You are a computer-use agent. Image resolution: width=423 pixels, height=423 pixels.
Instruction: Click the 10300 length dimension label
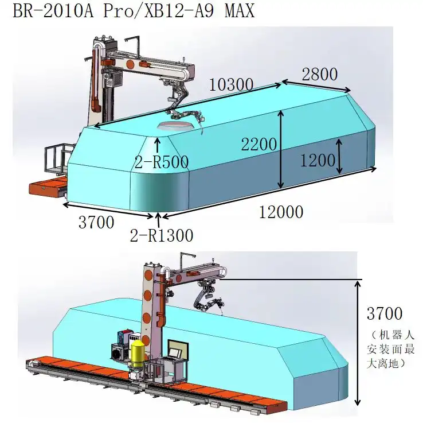coord(231,84)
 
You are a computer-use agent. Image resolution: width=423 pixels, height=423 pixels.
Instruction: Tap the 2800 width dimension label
coord(320,74)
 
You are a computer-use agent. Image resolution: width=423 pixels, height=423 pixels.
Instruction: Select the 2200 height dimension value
coord(258,144)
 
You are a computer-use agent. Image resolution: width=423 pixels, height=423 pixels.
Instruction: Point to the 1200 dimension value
coord(318,161)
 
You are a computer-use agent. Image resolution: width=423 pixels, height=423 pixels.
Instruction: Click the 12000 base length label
coord(281,212)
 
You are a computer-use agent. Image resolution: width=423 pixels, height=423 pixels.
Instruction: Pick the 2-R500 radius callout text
coord(161,162)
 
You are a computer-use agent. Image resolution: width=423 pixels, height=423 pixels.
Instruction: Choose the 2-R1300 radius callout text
coord(161,235)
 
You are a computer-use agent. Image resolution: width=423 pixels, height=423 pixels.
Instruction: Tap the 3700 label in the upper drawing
coord(96,222)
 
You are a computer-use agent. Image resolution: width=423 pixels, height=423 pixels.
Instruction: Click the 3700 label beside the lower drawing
coord(385,313)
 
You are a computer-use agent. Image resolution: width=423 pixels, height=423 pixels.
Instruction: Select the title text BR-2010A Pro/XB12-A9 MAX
coord(134,11)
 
